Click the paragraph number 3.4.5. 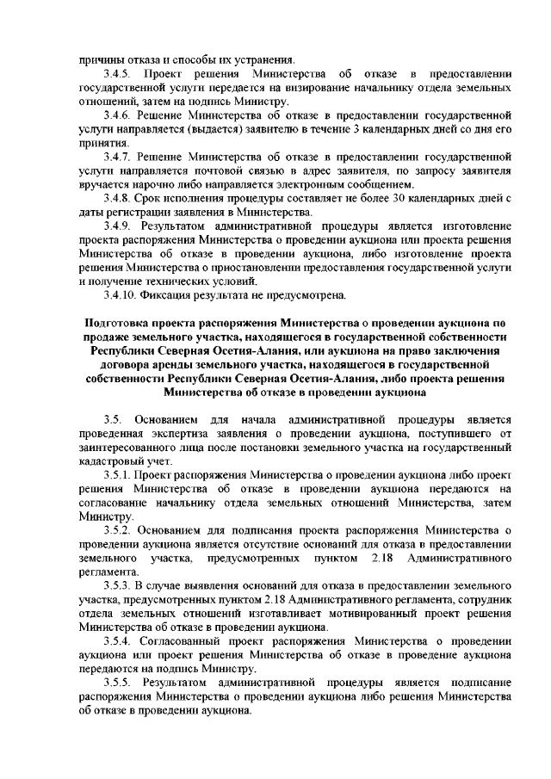click(117, 74)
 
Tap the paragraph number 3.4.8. click(117, 198)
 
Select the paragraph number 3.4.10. click(121, 296)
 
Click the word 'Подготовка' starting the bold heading click(111, 322)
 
